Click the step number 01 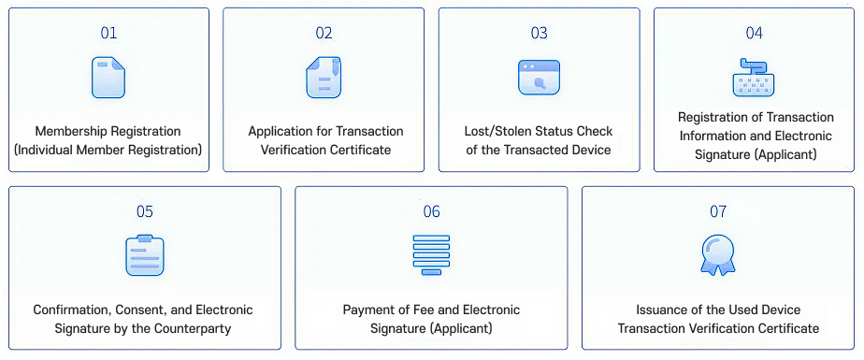pyautogui.click(x=108, y=33)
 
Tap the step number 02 pyautogui.click(x=324, y=33)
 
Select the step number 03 pyautogui.click(x=539, y=33)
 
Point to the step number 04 pyautogui.click(x=754, y=33)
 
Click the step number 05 pyautogui.click(x=144, y=211)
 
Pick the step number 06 pyautogui.click(x=431, y=211)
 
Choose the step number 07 pyautogui.click(x=717, y=211)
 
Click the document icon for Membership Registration pyautogui.click(x=108, y=78)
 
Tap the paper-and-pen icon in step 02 pyautogui.click(x=324, y=78)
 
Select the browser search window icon pyautogui.click(x=539, y=78)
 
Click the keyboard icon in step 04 pyautogui.click(x=754, y=78)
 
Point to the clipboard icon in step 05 pyautogui.click(x=144, y=255)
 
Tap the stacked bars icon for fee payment pyautogui.click(x=431, y=254)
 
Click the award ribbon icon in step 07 pyautogui.click(x=717, y=255)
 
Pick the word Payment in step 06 pyautogui.click(x=367, y=310)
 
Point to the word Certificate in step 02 pyautogui.click(x=358, y=150)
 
